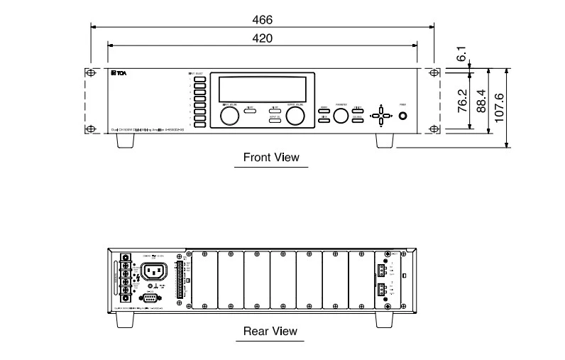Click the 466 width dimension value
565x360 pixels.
click(262, 20)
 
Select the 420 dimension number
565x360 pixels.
click(262, 38)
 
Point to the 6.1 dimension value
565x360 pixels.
click(462, 54)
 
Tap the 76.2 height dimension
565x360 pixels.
click(462, 101)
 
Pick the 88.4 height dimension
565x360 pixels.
click(481, 101)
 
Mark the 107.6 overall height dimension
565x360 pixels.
click(500, 108)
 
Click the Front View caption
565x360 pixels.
click(271, 157)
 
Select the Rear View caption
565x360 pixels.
click(270, 331)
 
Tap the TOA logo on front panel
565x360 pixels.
click(117, 73)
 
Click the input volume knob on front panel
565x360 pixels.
click(229, 116)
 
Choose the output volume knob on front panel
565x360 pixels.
click(295, 116)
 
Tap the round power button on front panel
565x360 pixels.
click(403, 116)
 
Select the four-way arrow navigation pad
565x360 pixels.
click(381, 116)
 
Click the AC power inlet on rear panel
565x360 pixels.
click(154, 271)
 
